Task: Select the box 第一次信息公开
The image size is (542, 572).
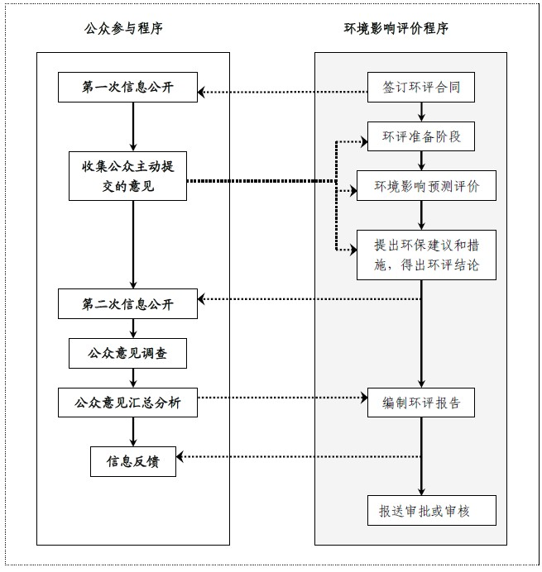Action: (128, 88)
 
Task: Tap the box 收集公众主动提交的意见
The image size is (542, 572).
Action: (128, 175)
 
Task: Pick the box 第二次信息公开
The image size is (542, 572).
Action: (128, 303)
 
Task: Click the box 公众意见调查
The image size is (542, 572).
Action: (128, 354)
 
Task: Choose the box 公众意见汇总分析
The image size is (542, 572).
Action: (128, 403)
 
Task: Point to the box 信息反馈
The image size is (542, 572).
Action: (134, 460)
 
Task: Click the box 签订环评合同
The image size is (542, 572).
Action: (421, 87)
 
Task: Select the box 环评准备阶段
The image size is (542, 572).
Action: (421, 136)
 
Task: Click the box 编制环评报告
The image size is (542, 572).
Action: (421, 403)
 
